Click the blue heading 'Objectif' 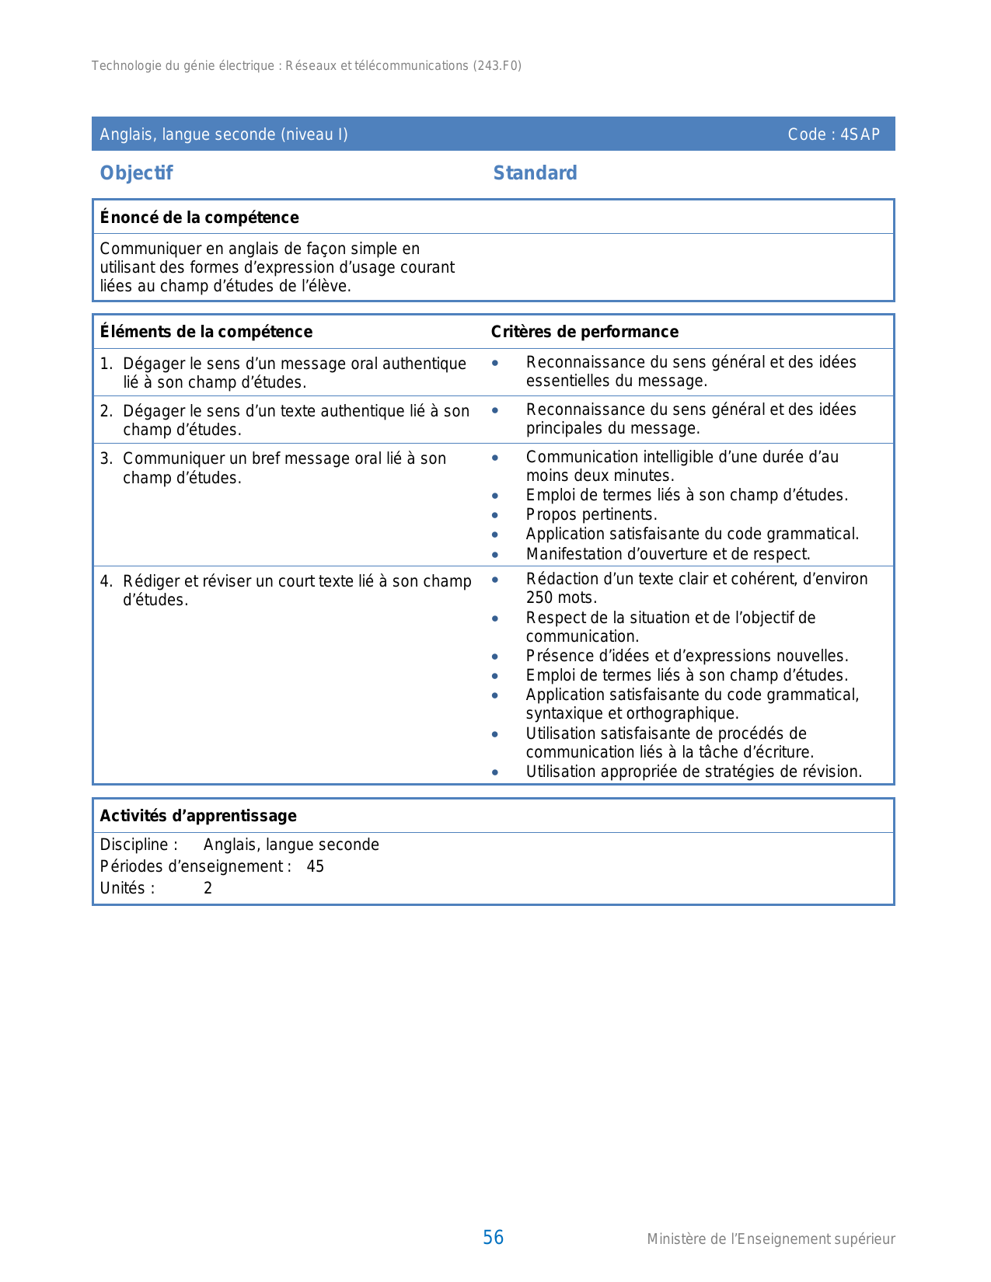coord(136,173)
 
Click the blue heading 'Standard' coord(535,173)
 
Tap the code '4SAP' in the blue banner coord(860,134)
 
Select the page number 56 coord(493,1238)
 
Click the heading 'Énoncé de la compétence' coord(199,218)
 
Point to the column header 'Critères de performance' coord(584,332)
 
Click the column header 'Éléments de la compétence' coord(206,332)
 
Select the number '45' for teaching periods coord(315,866)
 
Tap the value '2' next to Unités coord(208,888)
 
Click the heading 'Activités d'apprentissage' coord(198,816)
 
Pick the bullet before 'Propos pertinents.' coord(495,515)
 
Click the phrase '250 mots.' coord(561,597)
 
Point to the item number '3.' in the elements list coord(106,458)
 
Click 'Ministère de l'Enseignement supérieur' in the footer coord(770,1239)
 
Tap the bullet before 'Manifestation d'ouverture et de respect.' coord(495,555)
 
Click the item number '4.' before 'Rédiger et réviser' coord(106,581)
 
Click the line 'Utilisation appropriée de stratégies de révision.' coord(693,772)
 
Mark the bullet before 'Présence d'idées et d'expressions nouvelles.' coord(495,657)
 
